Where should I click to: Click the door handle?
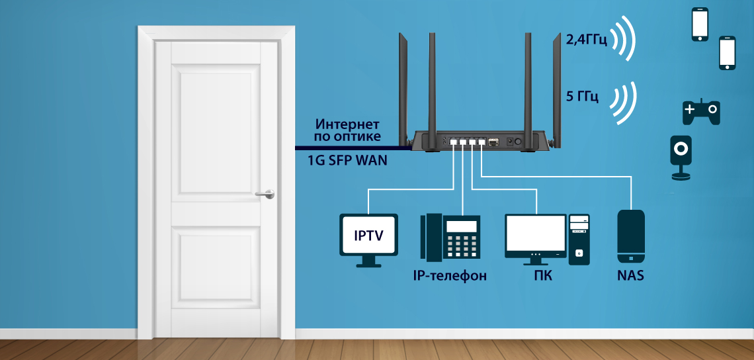coord(265,193)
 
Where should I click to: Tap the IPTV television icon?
coord(368,237)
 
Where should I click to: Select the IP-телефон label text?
coord(449,275)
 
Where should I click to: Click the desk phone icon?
coord(450,236)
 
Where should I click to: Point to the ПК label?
coord(542,275)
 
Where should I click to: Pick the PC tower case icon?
coord(579,239)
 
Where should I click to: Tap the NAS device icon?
coord(630,236)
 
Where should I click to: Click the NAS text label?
coord(630,275)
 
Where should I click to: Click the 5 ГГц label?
coord(582,97)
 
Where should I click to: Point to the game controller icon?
coord(701,112)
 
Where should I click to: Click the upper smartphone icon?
coord(700,24)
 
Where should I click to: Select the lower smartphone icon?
coord(728,53)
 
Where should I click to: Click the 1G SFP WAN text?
coord(347,160)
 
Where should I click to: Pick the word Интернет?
coord(347,124)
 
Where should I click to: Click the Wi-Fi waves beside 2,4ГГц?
coord(622,40)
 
